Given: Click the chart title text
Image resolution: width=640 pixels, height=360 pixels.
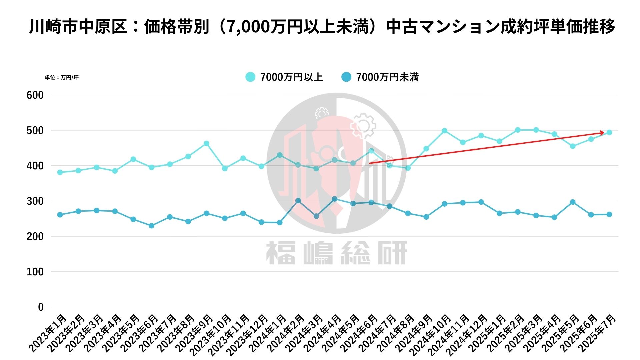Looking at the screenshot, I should click(x=322, y=27).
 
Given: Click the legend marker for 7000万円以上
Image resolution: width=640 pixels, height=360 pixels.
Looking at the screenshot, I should click(x=250, y=77).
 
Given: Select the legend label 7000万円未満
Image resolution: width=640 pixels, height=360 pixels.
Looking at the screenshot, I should click(x=387, y=77).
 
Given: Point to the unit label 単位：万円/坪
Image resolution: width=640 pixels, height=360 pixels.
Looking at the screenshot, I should click(x=62, y=77).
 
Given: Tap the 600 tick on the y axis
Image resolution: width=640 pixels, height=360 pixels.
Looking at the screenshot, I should click(x=35, y=95).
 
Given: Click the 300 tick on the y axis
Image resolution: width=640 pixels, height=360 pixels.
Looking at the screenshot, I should click(x=35, y=201).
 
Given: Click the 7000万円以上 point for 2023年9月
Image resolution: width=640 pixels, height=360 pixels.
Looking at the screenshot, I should click(x=206, y=143).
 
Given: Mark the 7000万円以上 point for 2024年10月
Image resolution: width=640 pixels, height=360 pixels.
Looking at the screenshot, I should click(x=444, y=131).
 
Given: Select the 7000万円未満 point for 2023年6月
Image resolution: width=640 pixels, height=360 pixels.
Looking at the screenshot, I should click(x=151, y=226).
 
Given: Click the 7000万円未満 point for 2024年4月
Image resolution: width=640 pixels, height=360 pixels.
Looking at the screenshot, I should click(x=335, y=199).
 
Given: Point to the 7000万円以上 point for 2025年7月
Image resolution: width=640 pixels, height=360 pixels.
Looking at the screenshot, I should click(x=609, y=132).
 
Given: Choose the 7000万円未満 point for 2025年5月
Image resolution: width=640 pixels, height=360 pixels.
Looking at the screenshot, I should click(x=573, y=202).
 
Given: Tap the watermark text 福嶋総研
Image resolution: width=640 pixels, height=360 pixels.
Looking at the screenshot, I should click(x=337, y=253).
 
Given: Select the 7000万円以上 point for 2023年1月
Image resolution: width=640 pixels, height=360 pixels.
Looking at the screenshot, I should click(x=60, y=172).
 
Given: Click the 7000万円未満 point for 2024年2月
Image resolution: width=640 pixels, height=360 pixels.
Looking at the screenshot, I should click(x=298, y=201).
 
